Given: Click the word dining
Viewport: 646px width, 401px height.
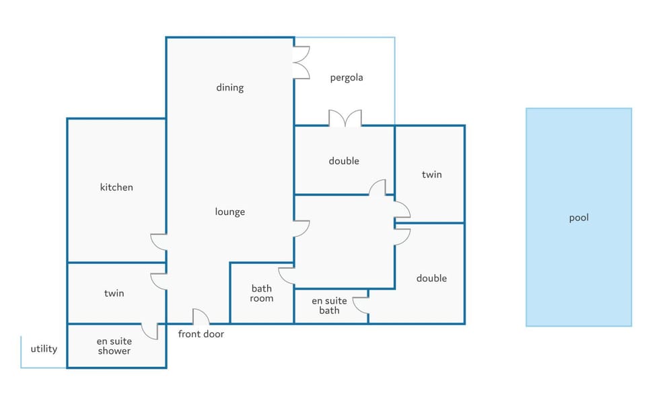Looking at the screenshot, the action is [x=230, y=87].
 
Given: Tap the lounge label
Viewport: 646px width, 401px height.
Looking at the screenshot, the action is [x=230, y=212].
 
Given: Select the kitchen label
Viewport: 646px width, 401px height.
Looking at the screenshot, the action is [x=116, y=187].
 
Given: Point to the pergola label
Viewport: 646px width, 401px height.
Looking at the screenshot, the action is [x=347, y=78].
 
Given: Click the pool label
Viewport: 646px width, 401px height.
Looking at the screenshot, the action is [x=579, y=218].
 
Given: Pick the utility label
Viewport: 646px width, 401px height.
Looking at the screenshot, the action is [x=44, y=349].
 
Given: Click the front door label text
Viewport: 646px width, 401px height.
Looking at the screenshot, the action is [x=201, y=334].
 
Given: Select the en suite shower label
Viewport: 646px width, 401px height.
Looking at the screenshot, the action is [x=114, y=346].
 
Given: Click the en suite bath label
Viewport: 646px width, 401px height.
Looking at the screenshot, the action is [x=329, y=306].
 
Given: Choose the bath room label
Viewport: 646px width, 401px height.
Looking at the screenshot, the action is [x=262, y=294].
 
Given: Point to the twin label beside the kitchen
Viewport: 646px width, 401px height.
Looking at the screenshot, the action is [x=114, y=294].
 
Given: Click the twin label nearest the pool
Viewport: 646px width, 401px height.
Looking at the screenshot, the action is [x=432, y=175].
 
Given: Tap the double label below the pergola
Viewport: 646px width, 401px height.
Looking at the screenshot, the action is [x=344, y=161].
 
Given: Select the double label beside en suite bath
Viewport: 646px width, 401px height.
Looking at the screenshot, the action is [x=431, y=279].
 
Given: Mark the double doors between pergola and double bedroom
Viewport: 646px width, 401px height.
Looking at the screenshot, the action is [x=345, y=118].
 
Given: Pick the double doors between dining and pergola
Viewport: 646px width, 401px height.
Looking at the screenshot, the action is [x=301, y=62].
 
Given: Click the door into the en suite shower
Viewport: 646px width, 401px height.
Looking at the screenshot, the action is [x=149, y=332].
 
